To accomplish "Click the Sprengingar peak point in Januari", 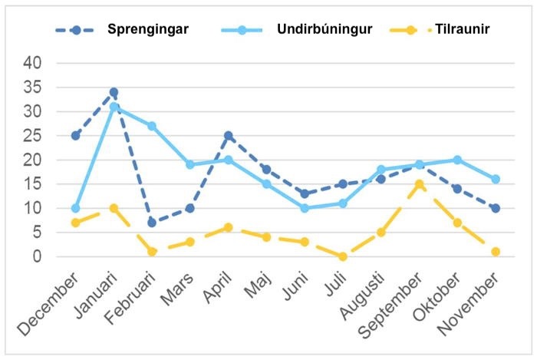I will [x=114, y=92].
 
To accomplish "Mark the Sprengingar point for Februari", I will [x=152, y=223].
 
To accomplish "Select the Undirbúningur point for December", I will [x=75, y=208].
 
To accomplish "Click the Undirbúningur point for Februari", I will [x=152, y=126].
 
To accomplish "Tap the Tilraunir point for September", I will [x=419, y=184].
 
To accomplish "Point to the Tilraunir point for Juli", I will [x=343, y=256].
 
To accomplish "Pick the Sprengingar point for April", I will [x=228, y=136].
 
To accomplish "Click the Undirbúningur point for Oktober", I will [x=457, y=160].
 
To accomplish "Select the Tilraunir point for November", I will [x=496, y=252].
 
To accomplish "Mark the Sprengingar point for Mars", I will [x=189, y=208].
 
